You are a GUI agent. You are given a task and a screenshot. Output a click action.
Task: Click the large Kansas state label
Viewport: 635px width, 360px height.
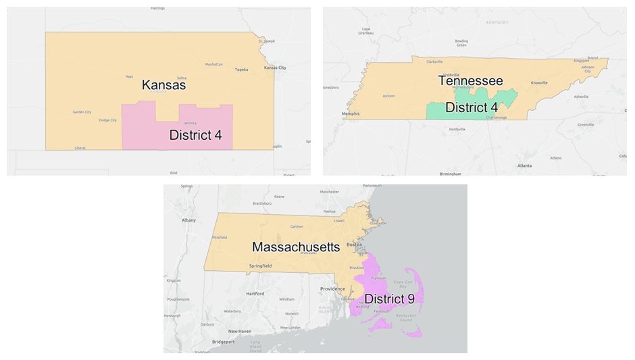click(x=163, y=86)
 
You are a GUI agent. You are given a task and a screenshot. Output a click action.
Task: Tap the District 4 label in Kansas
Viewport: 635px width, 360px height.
click(x=195, y=135)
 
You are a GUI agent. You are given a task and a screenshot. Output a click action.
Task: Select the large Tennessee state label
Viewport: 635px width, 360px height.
click(x=470, y=81)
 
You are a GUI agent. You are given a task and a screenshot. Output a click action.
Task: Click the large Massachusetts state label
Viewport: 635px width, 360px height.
click(x=296, y=247)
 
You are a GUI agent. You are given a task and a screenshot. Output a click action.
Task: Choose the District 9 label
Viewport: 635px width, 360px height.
click(x=390, y=298)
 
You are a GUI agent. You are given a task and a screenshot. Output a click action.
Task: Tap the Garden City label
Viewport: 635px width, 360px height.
click(x=82, y=112)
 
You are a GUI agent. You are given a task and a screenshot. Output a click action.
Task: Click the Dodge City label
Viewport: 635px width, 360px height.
click(x=108, y=120)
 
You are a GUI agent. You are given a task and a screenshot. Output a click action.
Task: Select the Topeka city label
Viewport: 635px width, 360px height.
click(x=241, y=70)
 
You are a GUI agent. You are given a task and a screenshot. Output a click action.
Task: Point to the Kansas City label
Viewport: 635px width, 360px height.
click(x=275, y=68)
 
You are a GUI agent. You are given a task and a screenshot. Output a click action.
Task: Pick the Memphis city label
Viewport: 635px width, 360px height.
click(x=351, y=114)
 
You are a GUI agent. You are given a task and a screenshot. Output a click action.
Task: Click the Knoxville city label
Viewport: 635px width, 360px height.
click(x=539, y=82)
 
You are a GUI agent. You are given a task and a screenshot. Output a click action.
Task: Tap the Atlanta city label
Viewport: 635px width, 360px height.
click(x=524, y=165)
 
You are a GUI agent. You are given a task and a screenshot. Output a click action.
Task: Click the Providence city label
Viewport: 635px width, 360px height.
click(x=332, y=289)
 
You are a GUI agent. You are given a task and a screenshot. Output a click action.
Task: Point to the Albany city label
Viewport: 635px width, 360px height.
click(x=188, y=220)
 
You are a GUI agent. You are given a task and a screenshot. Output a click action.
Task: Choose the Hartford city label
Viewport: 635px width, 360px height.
click(x=255, y=294)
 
